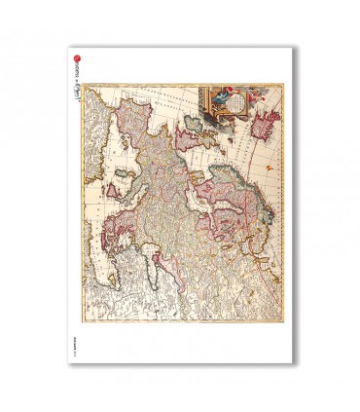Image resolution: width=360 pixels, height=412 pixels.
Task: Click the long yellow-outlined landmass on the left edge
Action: [x=92, y=156]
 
